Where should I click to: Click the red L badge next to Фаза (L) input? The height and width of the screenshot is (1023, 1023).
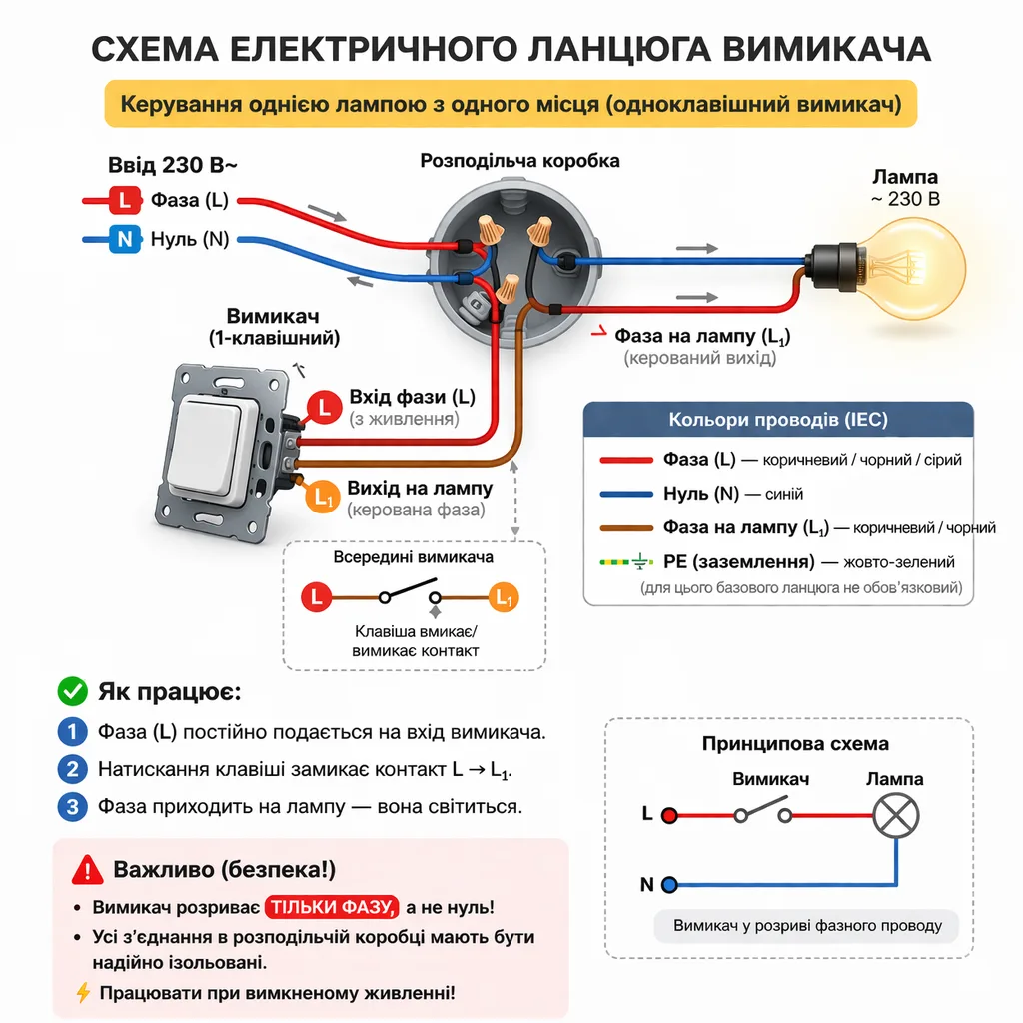[x=124, y=200]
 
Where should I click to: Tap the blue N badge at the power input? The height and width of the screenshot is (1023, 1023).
[x=124, y=239]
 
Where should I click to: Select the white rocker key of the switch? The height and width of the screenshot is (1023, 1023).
[x=221, y=444]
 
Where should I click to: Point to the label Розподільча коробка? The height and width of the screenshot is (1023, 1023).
[x=519, y=161]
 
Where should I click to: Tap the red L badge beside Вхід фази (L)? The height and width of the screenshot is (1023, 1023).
[x=324, y=405]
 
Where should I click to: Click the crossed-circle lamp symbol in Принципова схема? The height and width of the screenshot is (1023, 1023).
[x=895, y=815]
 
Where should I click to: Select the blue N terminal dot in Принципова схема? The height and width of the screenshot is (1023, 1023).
[x=669, y=885]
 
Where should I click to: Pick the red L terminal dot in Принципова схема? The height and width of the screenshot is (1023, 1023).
[x=669, y=815]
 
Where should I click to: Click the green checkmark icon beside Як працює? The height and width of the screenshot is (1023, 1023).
[x=72, y=690]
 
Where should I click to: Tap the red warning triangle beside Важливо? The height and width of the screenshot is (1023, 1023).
[x=87, y=869]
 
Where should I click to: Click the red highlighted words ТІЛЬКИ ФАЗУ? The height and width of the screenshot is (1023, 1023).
[x=332, y=908]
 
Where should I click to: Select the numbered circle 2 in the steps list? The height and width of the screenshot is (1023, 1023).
[x=72, y=769]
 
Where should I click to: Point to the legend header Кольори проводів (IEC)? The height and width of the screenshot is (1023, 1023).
[x=777, y=420]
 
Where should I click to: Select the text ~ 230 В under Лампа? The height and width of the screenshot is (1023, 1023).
[x=905, y=199]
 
